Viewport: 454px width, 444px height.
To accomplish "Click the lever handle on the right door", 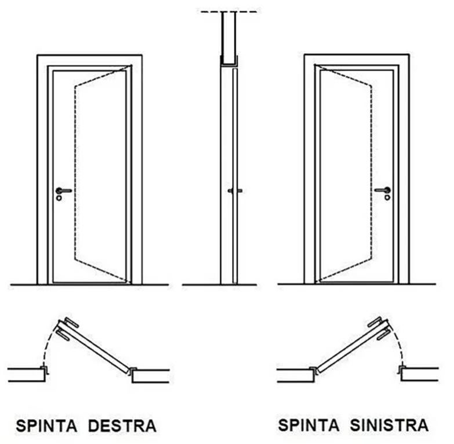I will coord(383,190).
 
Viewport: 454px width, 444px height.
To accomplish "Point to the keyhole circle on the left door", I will coord(59,197).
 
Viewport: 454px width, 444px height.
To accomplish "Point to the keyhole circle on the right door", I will coord(387,197).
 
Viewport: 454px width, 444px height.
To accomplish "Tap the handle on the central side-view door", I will coord(234,190).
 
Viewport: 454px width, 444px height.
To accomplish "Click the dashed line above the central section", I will coord(229,11).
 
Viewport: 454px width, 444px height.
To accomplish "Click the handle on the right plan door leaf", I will coord(379,328).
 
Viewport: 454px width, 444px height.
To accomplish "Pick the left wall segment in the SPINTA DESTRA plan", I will coord(27,375).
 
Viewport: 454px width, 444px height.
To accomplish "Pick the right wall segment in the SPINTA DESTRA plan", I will coord(151,376).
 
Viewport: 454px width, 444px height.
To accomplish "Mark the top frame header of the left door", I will coord(89,60).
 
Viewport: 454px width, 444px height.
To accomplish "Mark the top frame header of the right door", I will coord(357,60).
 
